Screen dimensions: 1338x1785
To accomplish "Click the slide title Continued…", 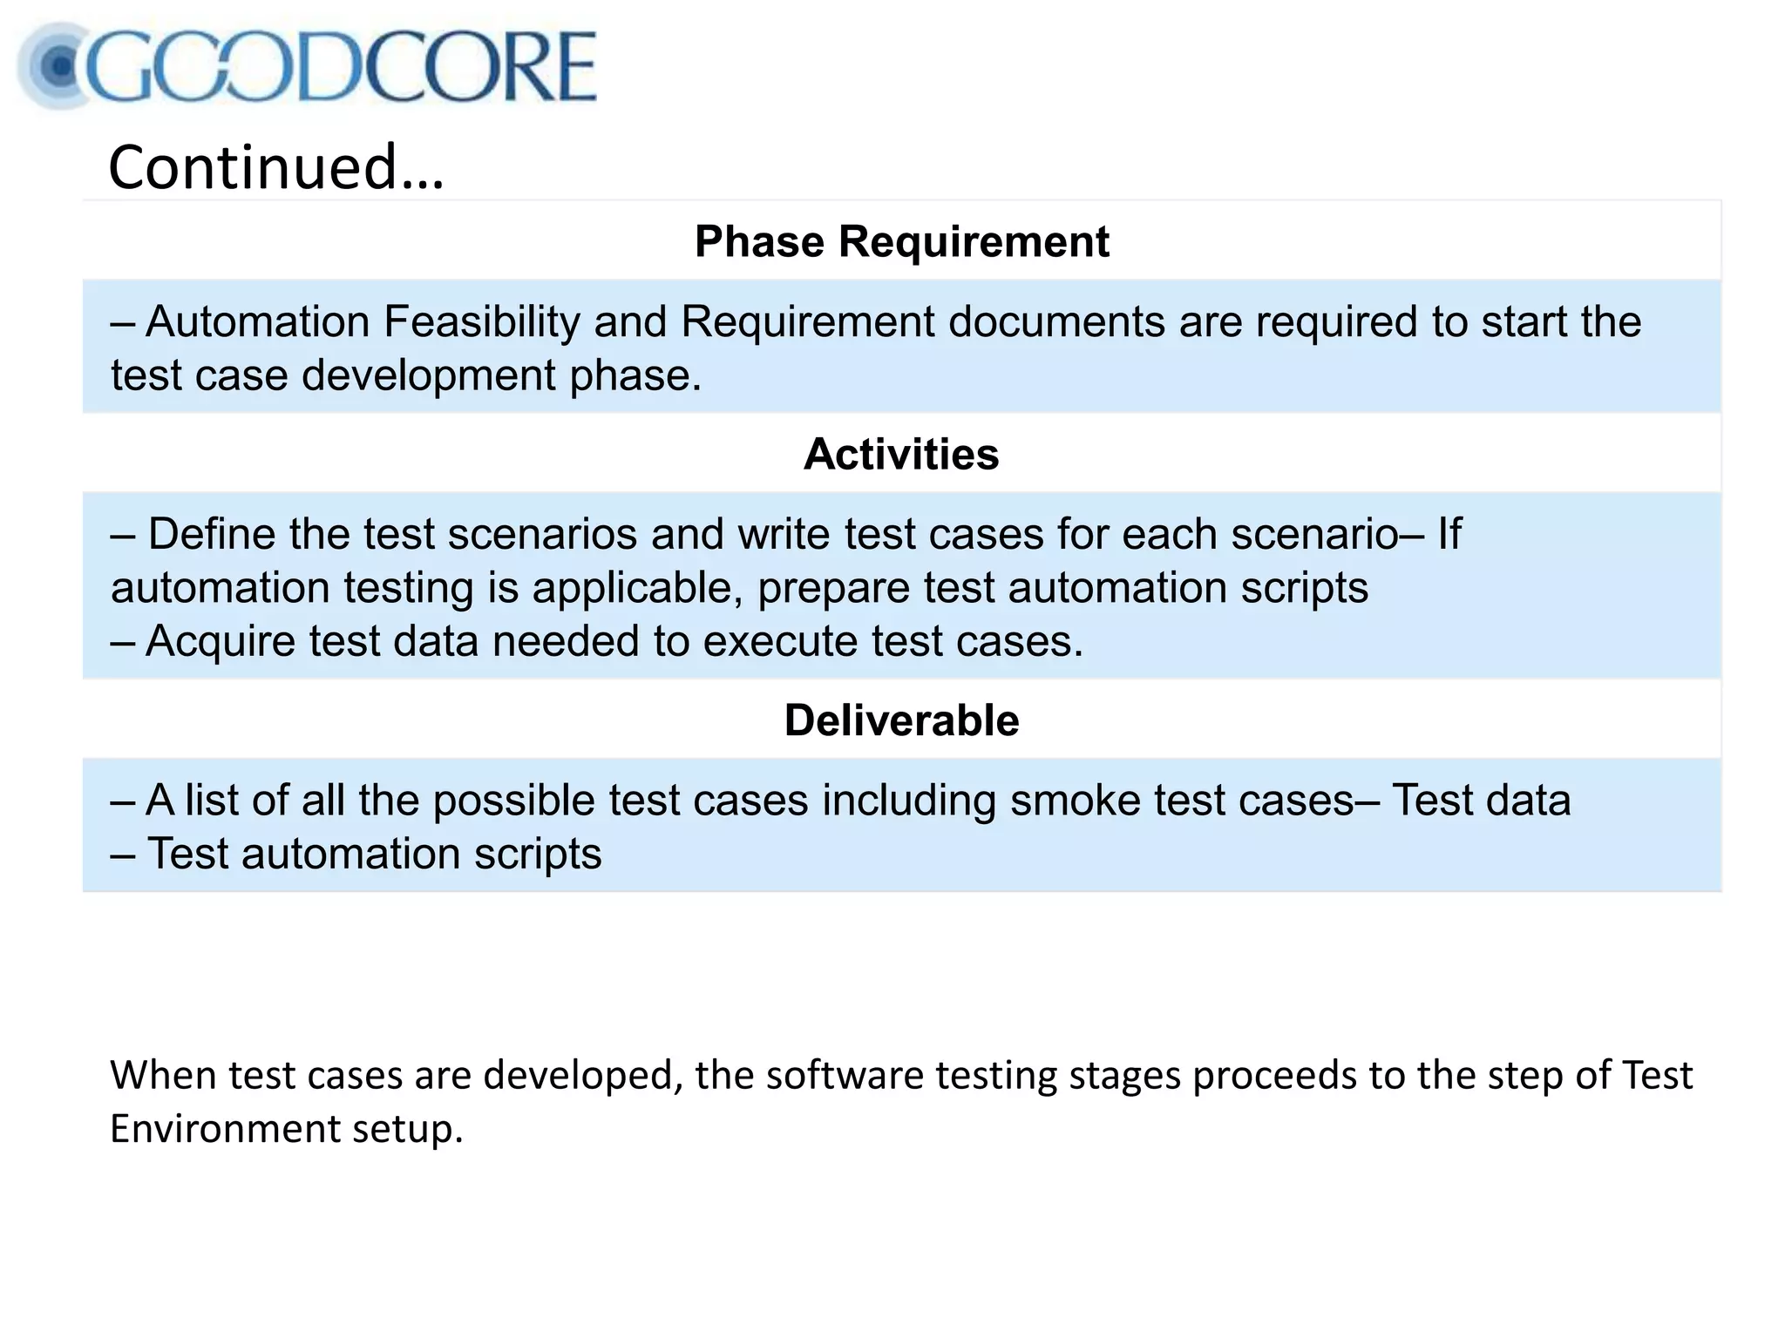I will point(276,167).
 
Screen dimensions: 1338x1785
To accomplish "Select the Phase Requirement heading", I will point(901,241).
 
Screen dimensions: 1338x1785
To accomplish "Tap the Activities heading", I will point(901,454).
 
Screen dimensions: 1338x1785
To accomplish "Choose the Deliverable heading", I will point(901,720).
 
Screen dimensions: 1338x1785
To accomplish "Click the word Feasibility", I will point(481,321).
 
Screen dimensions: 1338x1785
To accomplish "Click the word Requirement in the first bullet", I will point(807,321).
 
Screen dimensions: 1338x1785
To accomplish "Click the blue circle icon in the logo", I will point(59,66).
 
